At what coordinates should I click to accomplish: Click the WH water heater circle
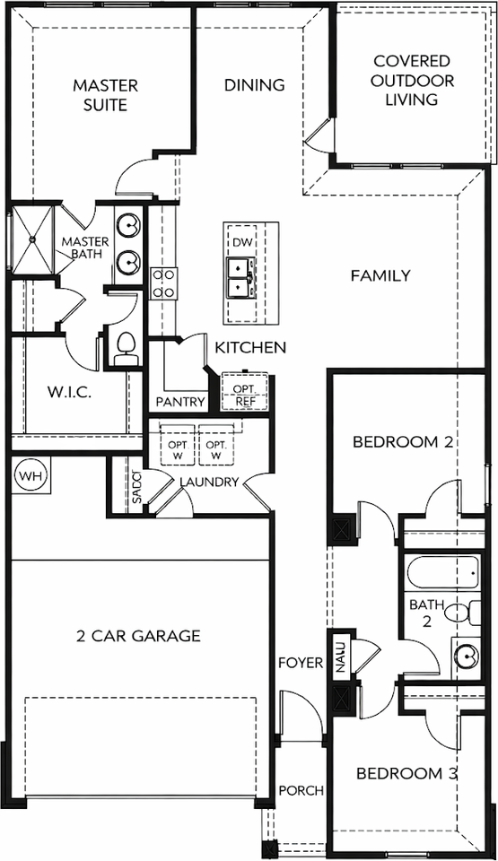pyautogui.click(x=31, y=474)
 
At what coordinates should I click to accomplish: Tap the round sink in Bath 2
pyautogui.click(x=467, y=653)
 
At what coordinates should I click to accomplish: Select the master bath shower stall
pyautogui.click(x=33, y=239)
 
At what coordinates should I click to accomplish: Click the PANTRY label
pyautogui.click(x=180, y=402)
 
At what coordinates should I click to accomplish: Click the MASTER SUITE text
pyautogui.click(x=105, y=95)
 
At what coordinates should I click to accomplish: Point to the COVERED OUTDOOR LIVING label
pyautogui.click(x=413, y=80)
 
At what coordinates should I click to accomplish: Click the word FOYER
pyautogui.click(x=300, y=663)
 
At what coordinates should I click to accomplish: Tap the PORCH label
pyautogui.click(x=301, y=790)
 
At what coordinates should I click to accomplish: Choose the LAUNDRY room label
pyautogui.click(x=208, y=482)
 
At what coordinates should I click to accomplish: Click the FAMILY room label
pyautogui.click(x=380, y=275)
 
